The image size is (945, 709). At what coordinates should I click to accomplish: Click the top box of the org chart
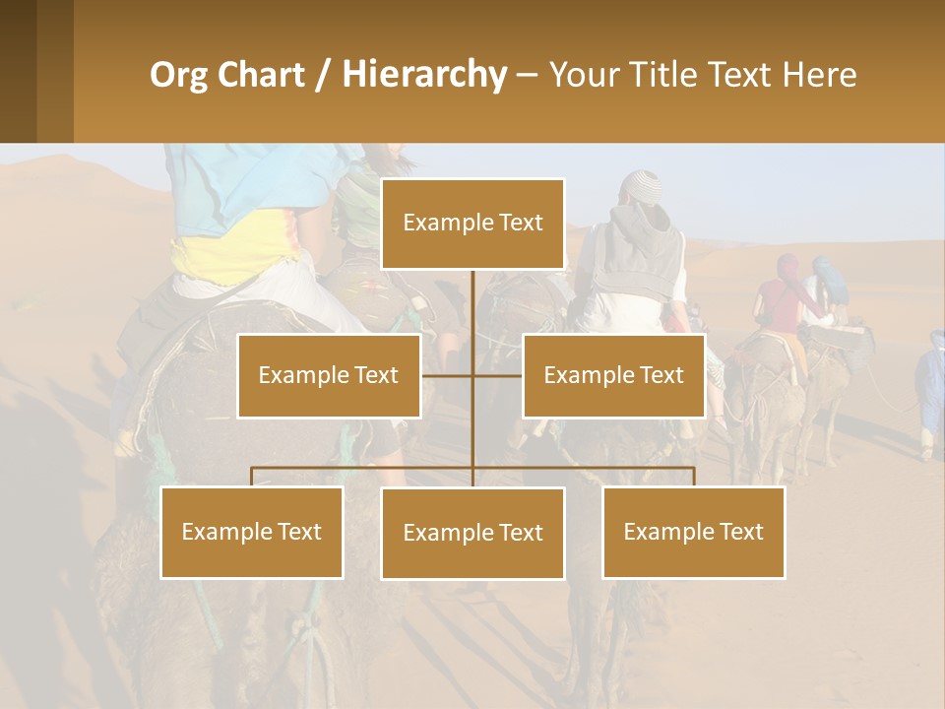[472, 224]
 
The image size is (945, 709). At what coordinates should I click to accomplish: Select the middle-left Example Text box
[329, 375]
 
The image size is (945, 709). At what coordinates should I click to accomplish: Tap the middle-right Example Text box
[613, 375]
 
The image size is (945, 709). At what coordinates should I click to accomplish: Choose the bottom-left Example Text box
[252, 532]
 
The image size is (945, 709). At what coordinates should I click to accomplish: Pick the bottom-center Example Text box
[472, 533]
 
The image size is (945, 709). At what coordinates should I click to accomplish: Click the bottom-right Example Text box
[693, 532]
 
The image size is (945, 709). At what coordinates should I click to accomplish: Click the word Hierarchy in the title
[424, 75]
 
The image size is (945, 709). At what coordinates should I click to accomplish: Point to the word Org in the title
[178, 75]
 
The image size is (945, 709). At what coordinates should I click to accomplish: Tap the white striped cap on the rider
[647, 184]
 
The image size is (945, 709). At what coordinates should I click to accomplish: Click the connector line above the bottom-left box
[252, 477]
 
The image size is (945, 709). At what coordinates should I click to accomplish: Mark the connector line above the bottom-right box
[693, 477]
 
